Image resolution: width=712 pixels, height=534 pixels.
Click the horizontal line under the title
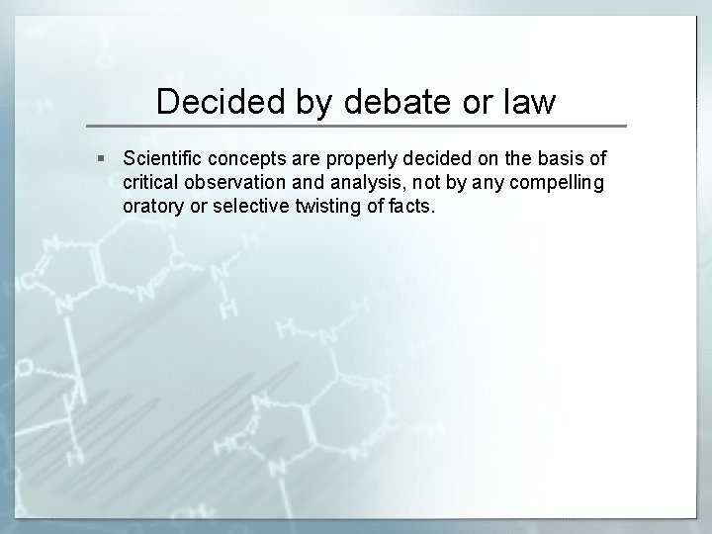pyautogui.click(x=356, y=127)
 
